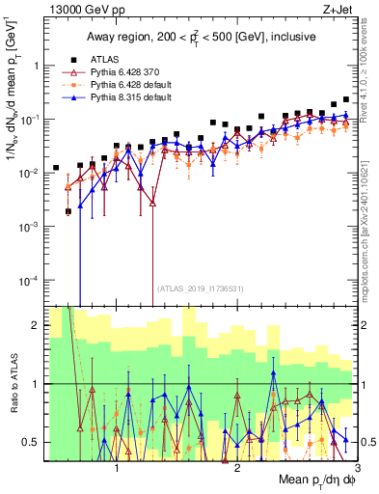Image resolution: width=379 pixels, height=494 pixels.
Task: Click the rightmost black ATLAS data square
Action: [346, 99]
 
